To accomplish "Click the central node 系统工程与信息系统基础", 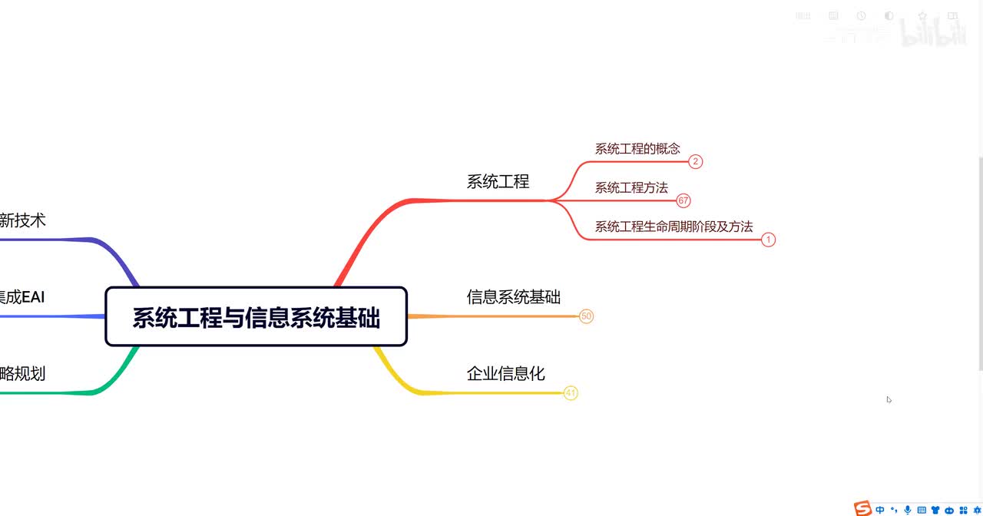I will (x=256, y=317).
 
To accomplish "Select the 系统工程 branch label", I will (x=498, y=182).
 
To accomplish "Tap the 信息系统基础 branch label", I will (x=513, y=297).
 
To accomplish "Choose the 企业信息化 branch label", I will (x=505, y=374).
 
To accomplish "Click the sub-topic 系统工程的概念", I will (x=637, y=149).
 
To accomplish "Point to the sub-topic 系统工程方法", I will (x=631, y=187).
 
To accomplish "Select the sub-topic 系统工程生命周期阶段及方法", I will (x=674, y=227).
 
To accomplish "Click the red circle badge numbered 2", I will (x=695, y=161).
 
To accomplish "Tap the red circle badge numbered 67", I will (x=683, y=201).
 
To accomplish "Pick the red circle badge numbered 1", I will (x=769, y=240).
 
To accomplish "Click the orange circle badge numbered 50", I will (x=586, y=316).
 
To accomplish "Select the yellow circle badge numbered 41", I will (x=570, y=393).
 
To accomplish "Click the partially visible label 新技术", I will (x=23, y=220).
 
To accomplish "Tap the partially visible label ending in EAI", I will (x=23, y=297).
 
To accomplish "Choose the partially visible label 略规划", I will (x=23, y=374).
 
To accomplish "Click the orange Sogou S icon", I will (x=863, y=509).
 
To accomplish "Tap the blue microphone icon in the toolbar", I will (x=908, y=510).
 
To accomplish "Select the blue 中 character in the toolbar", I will (x=880, y=510).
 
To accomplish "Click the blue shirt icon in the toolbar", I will (x=935, y=510).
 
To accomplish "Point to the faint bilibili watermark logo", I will (x=932, y=31).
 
